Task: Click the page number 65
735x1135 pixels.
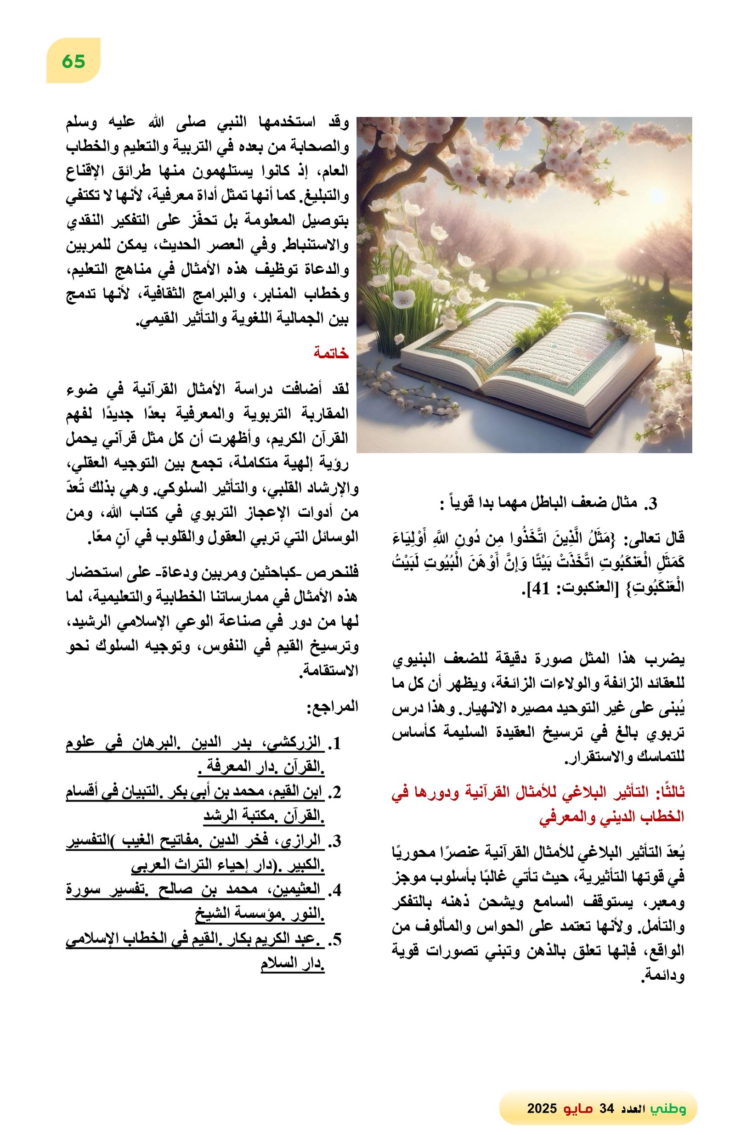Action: click(x=73, y=62)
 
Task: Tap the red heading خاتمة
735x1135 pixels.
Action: click(x=331, y=353)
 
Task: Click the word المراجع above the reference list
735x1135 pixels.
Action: click(x=332, y=706)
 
